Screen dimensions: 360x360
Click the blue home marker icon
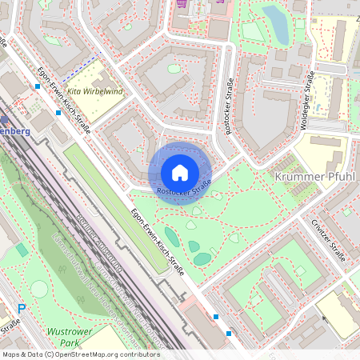click(180, 172)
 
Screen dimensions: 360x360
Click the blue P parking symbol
click(22, 309)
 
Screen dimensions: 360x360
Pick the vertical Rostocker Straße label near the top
click(230, 107)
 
